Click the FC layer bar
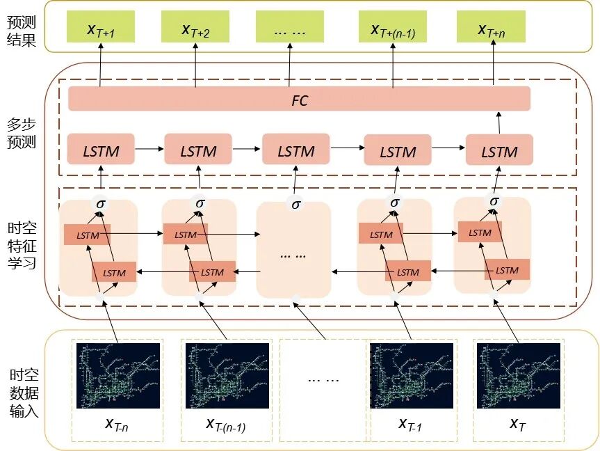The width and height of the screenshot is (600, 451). [x=299, y=100]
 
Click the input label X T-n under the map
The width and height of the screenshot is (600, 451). [x=116, y=423]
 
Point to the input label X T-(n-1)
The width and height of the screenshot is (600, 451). [x=226, y=423]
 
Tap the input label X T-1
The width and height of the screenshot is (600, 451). [x=410, y=423]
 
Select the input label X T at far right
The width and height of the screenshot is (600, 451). [x=517, y=423]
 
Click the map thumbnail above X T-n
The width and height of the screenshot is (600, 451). [x=118, y=375]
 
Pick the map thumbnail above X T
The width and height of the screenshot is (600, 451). [x=517, y=375]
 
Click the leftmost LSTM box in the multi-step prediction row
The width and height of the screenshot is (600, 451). [x=101, y=150]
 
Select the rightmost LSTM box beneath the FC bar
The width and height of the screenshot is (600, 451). [x=499, y=150]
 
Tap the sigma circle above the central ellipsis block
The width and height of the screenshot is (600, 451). [x=295, y=204]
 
